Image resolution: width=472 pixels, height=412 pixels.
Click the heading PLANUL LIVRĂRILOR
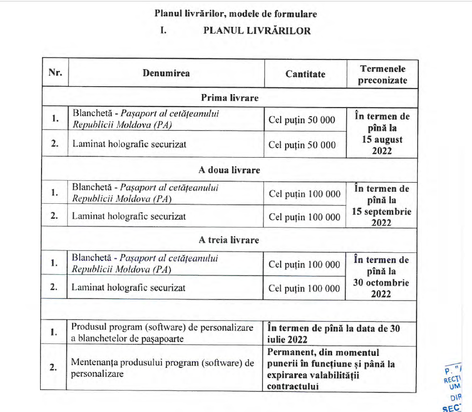coord(257,31)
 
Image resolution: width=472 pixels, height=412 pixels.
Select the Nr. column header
coord(55,73)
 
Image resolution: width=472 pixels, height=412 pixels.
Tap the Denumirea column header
coord(166,73)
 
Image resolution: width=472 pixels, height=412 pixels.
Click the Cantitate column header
coord(305,74)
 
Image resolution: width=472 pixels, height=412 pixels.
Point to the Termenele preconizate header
coord(382,74)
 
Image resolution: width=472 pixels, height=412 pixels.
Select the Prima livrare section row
coord(229,98)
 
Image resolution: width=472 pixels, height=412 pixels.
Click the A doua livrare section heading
coord(229,170)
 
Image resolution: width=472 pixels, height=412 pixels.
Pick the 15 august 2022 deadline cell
coord(382,133)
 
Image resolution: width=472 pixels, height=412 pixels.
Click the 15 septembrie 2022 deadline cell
coord(382,205)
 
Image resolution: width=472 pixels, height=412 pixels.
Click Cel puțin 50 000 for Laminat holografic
coord(302,145)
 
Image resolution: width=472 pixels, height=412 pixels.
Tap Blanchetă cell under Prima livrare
coord(146,119)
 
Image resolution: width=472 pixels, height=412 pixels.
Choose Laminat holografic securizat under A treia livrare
coord(129,288)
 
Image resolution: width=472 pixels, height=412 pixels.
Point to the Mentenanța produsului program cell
coord(163,367)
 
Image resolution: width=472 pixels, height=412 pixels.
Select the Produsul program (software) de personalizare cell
coord(162,332)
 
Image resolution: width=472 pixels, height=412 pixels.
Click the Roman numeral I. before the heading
coord(163,31)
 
